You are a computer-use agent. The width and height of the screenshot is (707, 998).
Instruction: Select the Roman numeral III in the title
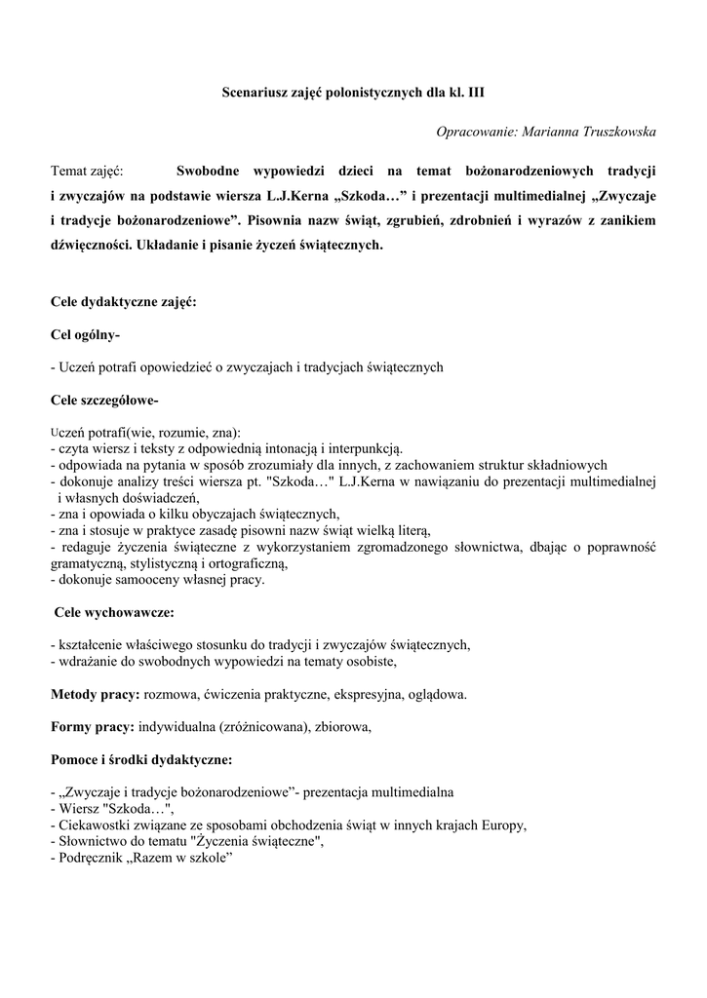pyautogui.click(x=475, y=94)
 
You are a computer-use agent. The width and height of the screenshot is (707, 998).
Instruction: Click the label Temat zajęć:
pyautogui.click(x=94, y=172)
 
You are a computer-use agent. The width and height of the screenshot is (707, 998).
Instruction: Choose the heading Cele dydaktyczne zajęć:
pyautogui.click(x=123, y=302)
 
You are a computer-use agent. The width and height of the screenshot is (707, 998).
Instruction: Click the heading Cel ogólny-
pyautogui.click(x=86, y=335)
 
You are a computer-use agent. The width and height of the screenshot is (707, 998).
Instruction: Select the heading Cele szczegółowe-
pyautogui.click(x=105, y=400)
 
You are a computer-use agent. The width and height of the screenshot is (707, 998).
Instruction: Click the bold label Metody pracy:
pyautogui.click(x=96, y=695)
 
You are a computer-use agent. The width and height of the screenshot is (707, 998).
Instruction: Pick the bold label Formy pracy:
pyautogui.click(x=93, y=726)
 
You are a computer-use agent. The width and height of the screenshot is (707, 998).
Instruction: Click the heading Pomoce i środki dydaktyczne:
pyautogui.click(x=141, y=759)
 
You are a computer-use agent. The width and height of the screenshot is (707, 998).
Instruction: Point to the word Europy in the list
pyautogui.click(x=503, y=825)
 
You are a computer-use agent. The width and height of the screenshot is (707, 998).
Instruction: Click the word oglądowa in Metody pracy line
pyautogui.click(x=435, y=695)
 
